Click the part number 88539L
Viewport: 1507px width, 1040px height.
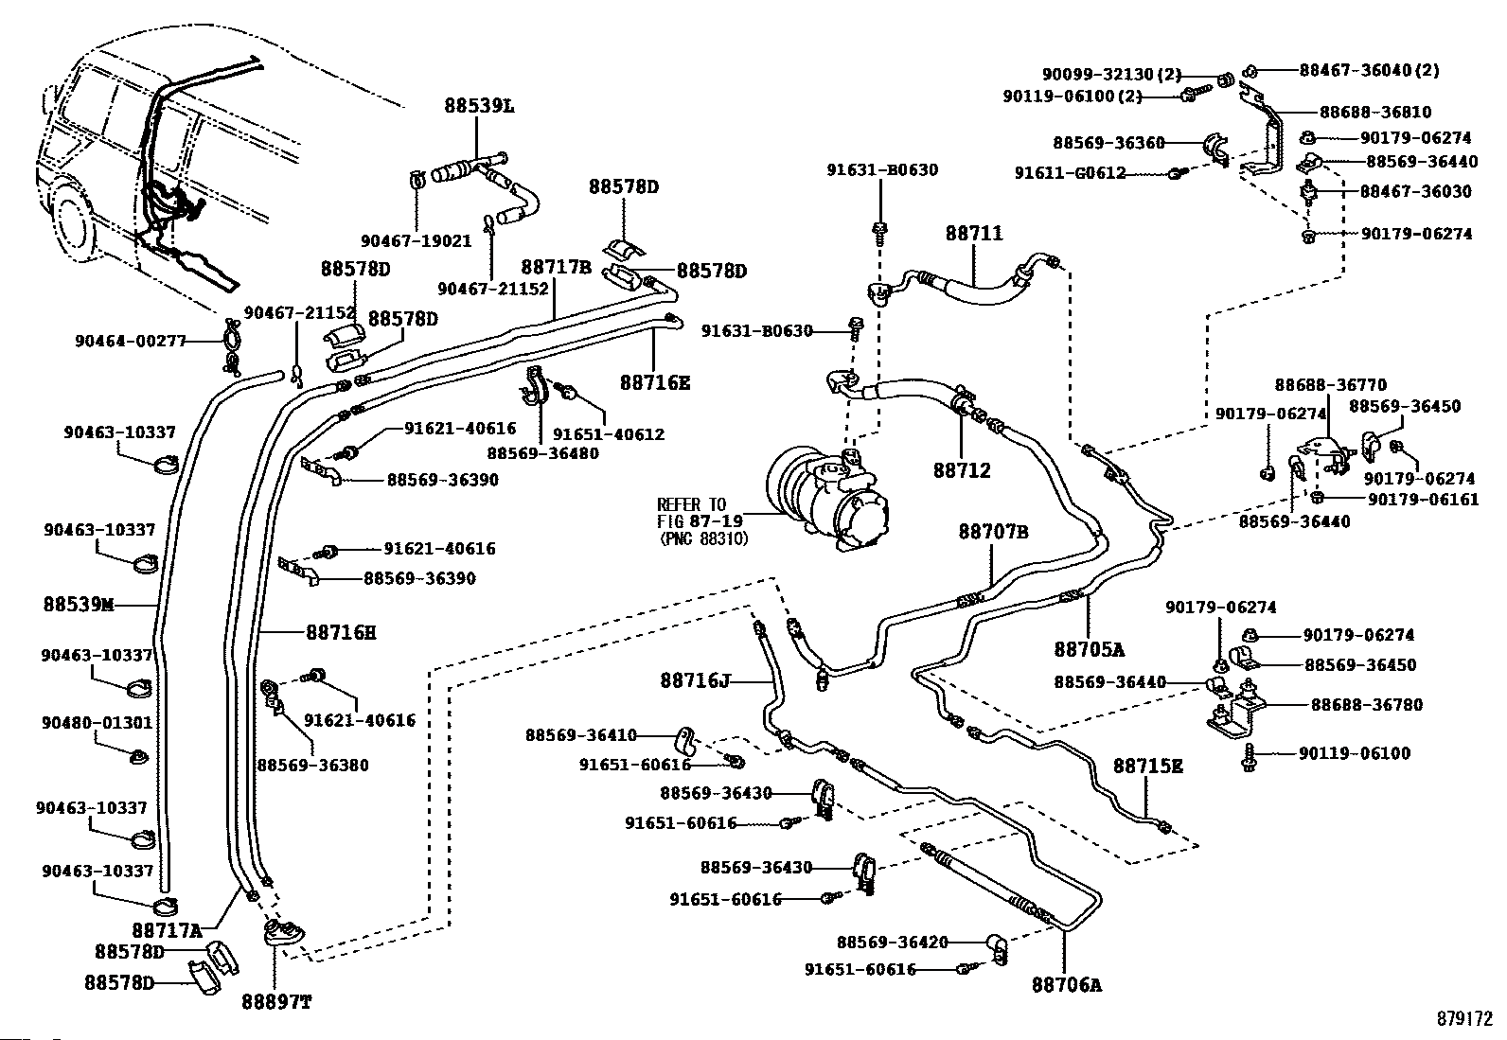click(x=480, y=106)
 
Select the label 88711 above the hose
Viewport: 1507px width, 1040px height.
click(x=973, y=234)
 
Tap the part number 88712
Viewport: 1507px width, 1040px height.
click(x=962, y=469)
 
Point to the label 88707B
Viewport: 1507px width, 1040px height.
click(x=993, y=532)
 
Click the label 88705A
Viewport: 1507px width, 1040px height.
click(x=1089, y=649)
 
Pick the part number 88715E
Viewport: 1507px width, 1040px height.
click(x=1147, y=766)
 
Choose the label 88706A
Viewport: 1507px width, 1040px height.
click(x=1067, y=984)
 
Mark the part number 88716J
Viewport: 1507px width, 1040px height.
click(x=695, y=679)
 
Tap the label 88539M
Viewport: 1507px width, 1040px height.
click(x=78, y=604)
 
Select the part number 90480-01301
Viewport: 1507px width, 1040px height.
click(x=97, y=723)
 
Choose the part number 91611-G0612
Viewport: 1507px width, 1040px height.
click(x=1070, y=173)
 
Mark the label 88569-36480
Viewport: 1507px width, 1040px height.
click(x=542, y=453)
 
